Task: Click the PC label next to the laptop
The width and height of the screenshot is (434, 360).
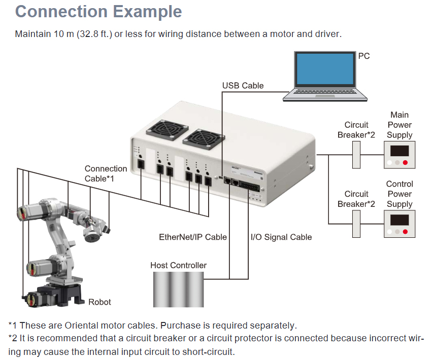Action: (x=364, y=56)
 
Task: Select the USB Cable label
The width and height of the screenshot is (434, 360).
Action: (x=243, y=86)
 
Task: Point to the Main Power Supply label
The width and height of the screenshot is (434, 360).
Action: (x=399, y=125)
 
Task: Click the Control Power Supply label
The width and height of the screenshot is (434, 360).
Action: (x=399, y=194)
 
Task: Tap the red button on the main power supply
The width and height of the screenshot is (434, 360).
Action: (x=405, y=163)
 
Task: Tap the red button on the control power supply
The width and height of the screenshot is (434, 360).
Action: (x=405, y=232)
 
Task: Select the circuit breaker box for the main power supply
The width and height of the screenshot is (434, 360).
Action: (x=356, y=155)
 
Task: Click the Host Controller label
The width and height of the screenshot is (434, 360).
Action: (x=179, y=265)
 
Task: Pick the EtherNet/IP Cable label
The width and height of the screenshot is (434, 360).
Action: (x=193, y=237)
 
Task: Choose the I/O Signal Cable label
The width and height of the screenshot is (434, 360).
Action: (x=281, y=237)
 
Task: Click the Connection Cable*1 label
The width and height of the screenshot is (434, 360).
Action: (x=106, y=173)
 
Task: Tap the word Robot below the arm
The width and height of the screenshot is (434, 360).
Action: (x=99, y=302)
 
